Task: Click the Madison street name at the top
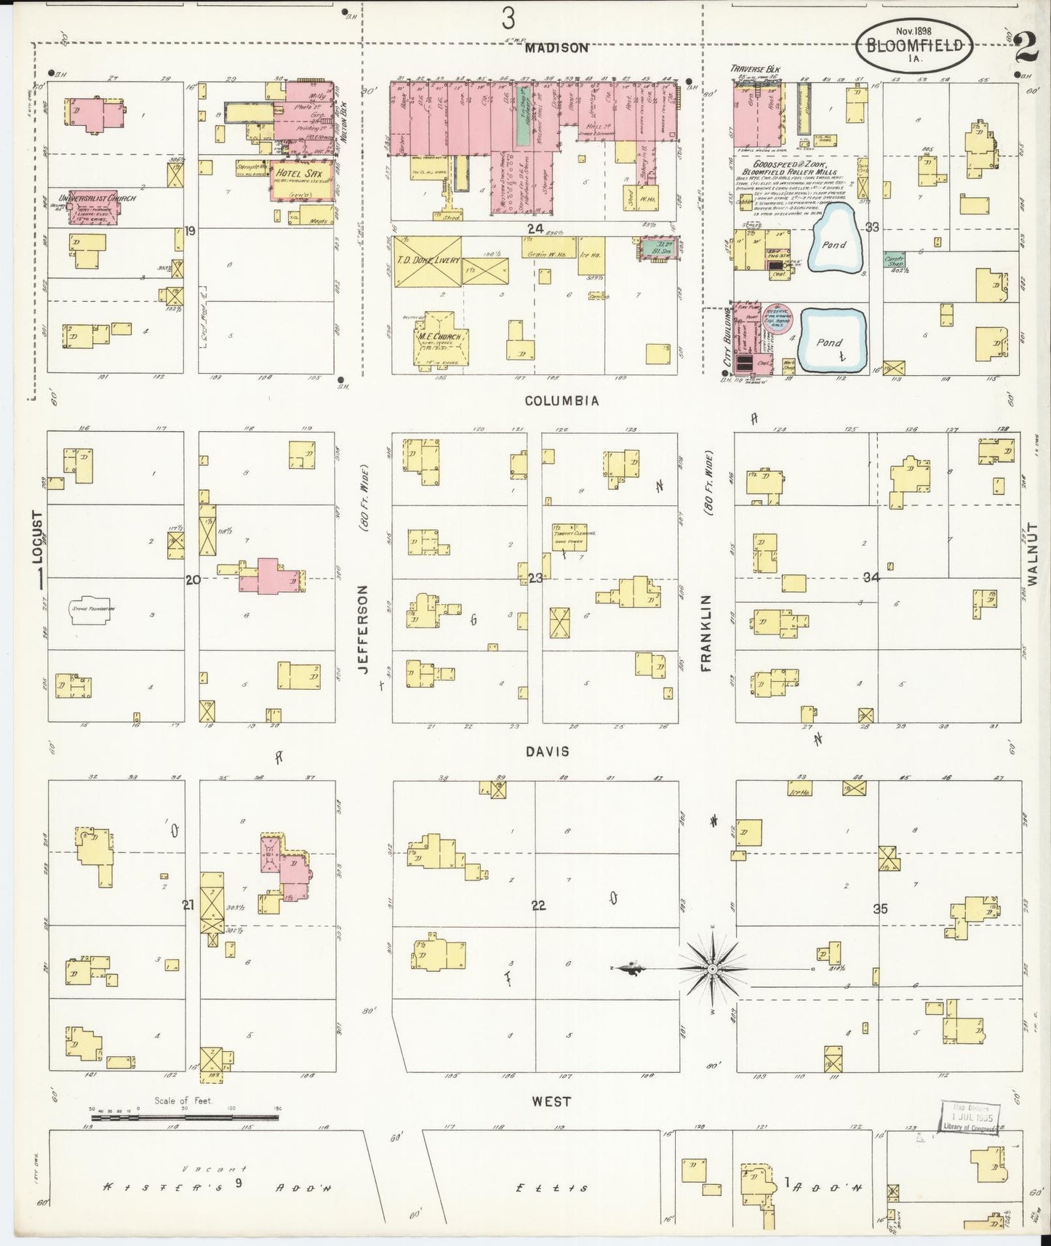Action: (556, 48)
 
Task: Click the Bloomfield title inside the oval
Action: (915, 45)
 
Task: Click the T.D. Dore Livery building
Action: (427, 261)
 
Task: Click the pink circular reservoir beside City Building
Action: (775, 318)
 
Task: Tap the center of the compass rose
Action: (713, 969)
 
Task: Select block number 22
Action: (538, 906)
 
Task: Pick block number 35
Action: (880, 909)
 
